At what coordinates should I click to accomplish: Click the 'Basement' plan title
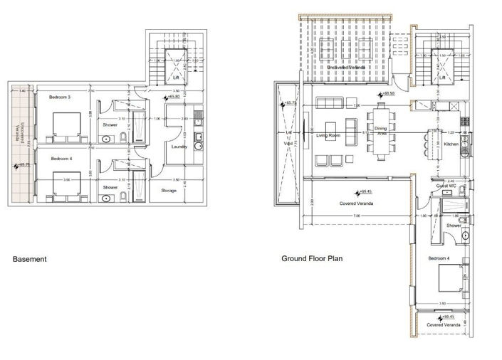30,259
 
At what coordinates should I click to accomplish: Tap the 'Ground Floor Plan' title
312,258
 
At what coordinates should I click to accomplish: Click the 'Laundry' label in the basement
180,147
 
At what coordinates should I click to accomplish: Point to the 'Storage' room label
169,191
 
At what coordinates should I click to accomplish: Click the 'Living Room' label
331,136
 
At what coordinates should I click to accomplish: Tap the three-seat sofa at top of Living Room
330,102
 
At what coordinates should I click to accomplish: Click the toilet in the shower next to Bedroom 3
122,137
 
